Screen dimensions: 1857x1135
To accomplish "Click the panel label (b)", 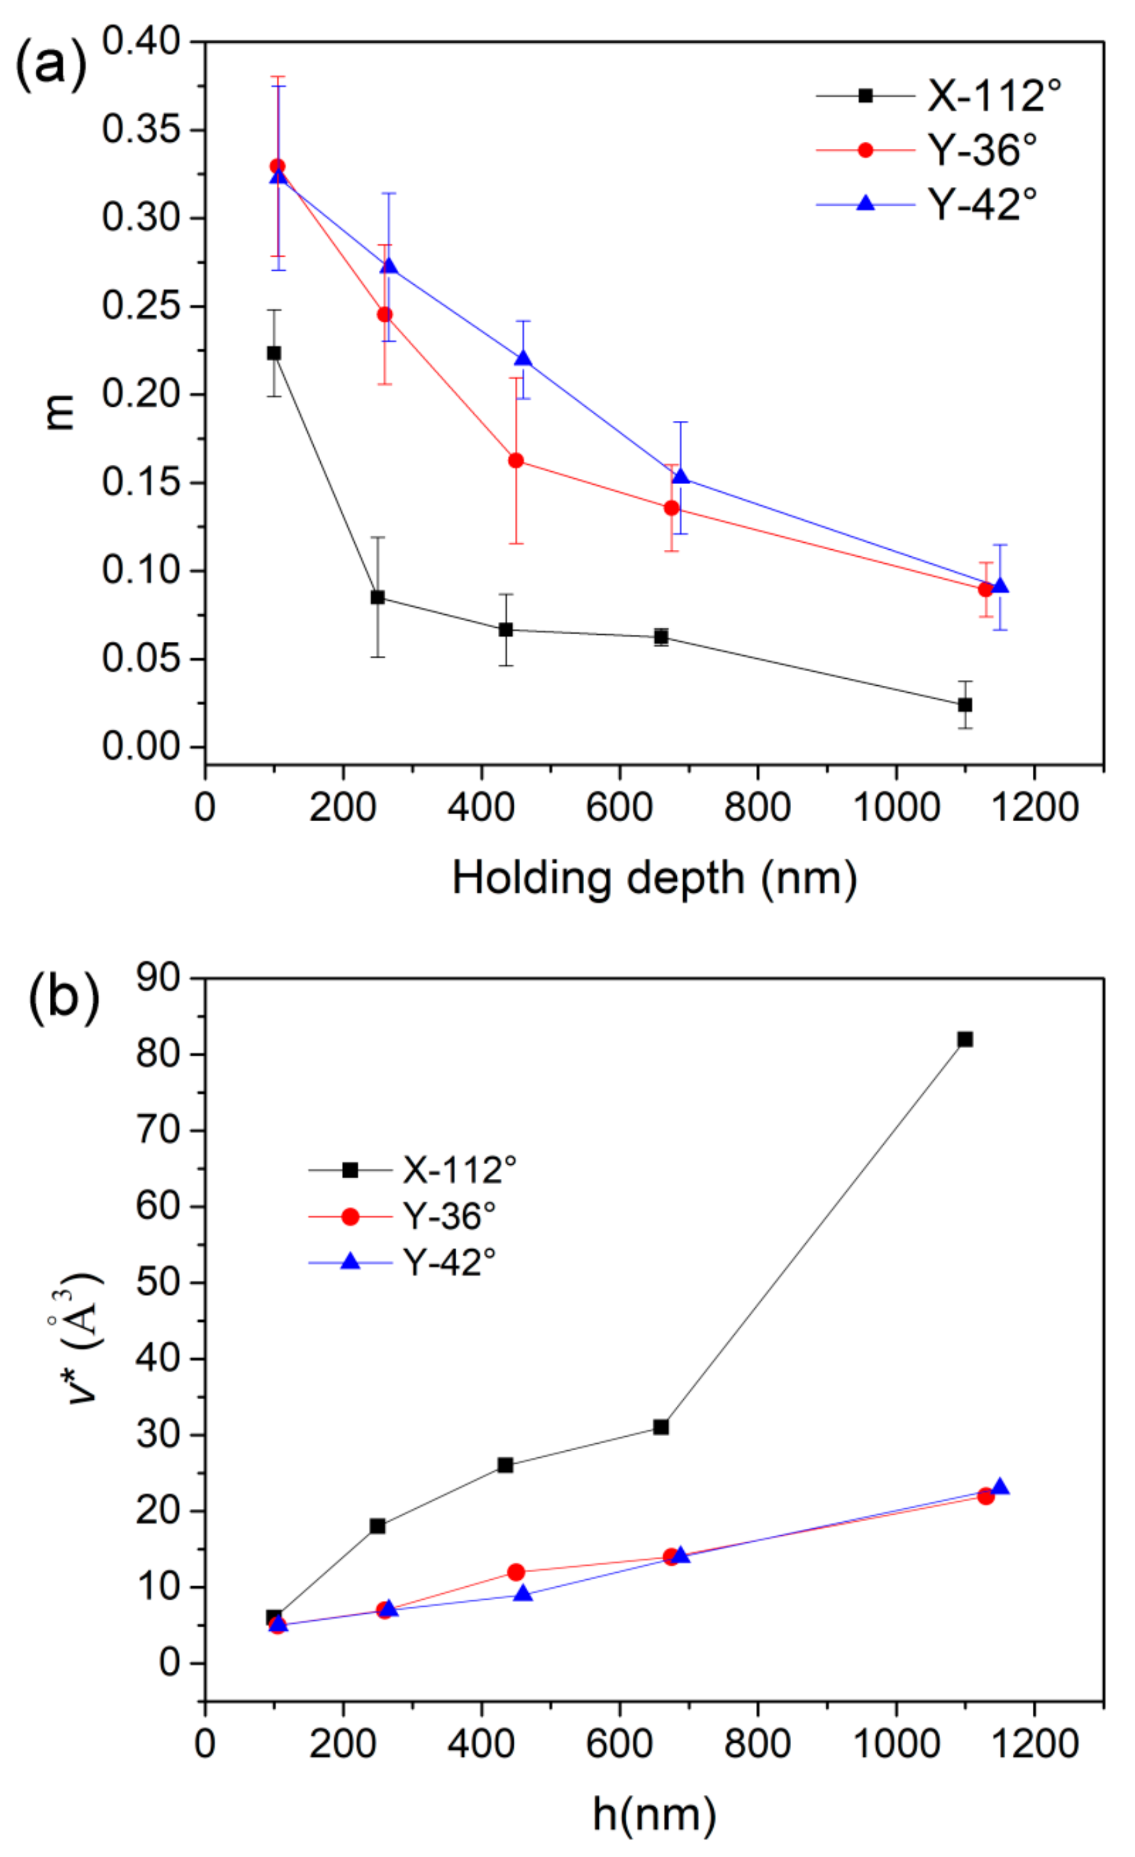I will [63, 998].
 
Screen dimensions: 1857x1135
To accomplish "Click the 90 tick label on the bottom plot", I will [159, 978].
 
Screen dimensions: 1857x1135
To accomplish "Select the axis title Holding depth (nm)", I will [654, 879].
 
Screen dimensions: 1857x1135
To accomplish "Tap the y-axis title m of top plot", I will [60, 413].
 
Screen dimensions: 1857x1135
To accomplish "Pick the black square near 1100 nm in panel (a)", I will [964, 704].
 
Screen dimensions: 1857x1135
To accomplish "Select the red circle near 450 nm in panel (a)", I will [516, 460].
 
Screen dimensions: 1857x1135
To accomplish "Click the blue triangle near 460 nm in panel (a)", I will [523, 359].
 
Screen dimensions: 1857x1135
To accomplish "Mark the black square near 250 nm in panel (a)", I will [378, 597].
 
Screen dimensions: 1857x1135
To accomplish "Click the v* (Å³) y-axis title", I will [81, 1338].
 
